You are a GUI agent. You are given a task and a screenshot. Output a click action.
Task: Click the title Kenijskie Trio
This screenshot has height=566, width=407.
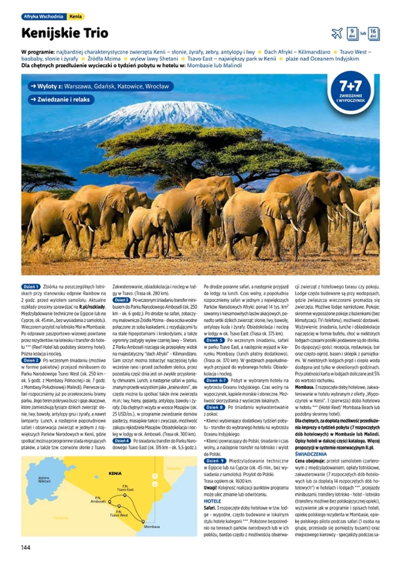click(65, 33)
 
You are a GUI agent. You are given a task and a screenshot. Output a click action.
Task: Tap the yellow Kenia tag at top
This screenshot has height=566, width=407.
click(76, 17)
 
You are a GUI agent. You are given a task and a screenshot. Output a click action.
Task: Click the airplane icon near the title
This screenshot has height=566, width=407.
click(337, 33)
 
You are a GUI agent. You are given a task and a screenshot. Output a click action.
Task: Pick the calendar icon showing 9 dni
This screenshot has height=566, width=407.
click(352, 33)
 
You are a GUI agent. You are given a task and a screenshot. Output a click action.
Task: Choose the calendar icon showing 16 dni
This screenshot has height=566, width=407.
click(374, 33)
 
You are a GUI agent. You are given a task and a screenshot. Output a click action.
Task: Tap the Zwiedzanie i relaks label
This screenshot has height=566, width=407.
click(62, 100)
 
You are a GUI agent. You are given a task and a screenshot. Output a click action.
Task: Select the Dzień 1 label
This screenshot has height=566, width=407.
click(31, 287)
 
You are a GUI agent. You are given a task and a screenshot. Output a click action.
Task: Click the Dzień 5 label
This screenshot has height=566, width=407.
click(214, 340)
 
